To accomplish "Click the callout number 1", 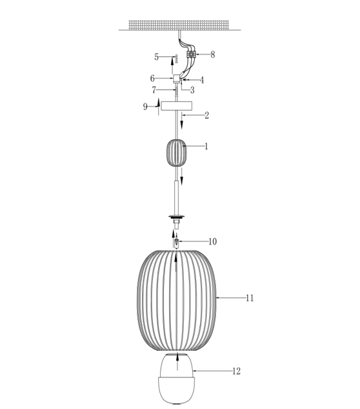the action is [x=206, y=146].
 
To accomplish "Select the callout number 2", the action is [x=207, y=115].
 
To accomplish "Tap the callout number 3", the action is [x=192, y=90].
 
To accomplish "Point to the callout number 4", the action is [x=202, y=80].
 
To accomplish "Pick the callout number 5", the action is [x=156, y=57].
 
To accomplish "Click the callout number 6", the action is [x=152, y=78].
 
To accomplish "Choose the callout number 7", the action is [x=154, y=90].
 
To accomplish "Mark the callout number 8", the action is [x=213, y=55].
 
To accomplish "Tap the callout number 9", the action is [x=145, y=106].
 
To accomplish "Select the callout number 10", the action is [x=213, y=242].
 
